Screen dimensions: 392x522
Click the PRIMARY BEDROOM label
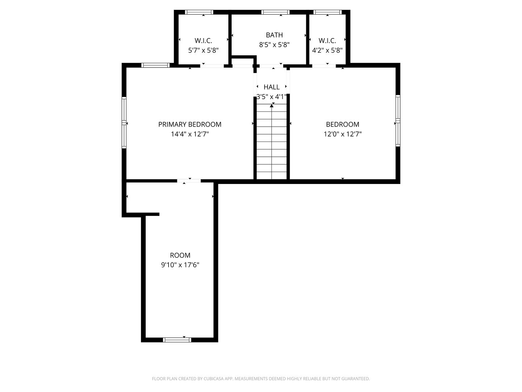pos(190,124)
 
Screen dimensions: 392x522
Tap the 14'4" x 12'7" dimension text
pos(190,134)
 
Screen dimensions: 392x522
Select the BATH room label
pos(274,35)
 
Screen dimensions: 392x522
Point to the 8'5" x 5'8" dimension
pos(274,45)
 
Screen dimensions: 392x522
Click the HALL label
pos(272,87)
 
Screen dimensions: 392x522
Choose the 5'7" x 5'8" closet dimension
pos(203,50)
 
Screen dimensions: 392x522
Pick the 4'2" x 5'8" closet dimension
pos(327,50)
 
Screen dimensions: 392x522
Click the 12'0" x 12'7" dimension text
pos(342,134)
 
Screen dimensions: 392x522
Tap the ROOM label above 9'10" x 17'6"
pos(180,255)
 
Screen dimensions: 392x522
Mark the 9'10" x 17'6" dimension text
pos(180,265)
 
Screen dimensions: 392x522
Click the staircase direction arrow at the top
pos(272,106)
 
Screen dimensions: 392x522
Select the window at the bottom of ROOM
pos(177,340)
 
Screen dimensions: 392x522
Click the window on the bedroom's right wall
pos(398,121)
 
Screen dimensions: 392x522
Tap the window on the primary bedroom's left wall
pos(124,122)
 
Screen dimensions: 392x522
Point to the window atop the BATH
pos(275,12)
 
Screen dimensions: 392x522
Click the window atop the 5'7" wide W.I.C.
pos(199,12)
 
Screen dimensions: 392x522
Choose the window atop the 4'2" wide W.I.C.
pos(328,12)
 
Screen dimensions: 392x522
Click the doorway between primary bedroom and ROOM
pos(189,180)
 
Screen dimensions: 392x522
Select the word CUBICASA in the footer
pos(210,379)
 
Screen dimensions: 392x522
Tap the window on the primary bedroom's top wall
pos(155,65)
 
